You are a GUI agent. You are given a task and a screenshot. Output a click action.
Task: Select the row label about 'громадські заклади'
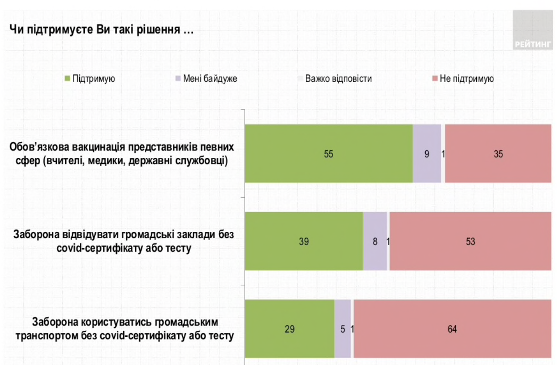coord(124,242)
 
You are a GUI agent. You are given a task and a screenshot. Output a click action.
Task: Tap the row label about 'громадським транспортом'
coord(125,329)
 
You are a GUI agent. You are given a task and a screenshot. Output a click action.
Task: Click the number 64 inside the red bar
coord(452,329)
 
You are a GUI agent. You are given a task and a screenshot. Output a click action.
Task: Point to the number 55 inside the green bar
coord(329,154)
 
